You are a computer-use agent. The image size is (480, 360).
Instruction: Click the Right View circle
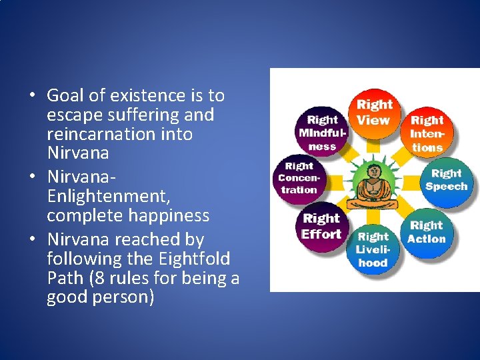[374, 113]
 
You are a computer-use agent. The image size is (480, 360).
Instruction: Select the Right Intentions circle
[427, 133]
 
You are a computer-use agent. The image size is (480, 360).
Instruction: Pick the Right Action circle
[427, 232]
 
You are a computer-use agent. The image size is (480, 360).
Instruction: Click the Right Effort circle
[321, 227]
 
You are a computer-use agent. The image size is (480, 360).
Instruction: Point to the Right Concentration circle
[298, 179]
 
